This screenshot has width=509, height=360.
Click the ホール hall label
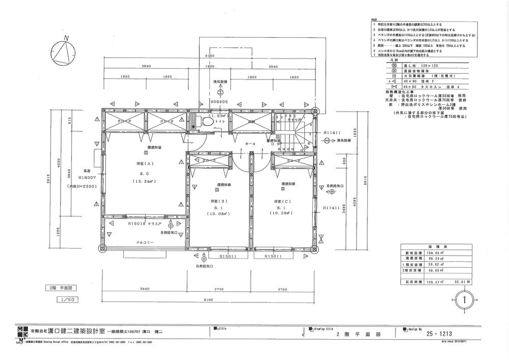pos(250,144)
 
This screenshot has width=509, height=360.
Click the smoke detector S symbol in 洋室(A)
pos(146,152)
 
